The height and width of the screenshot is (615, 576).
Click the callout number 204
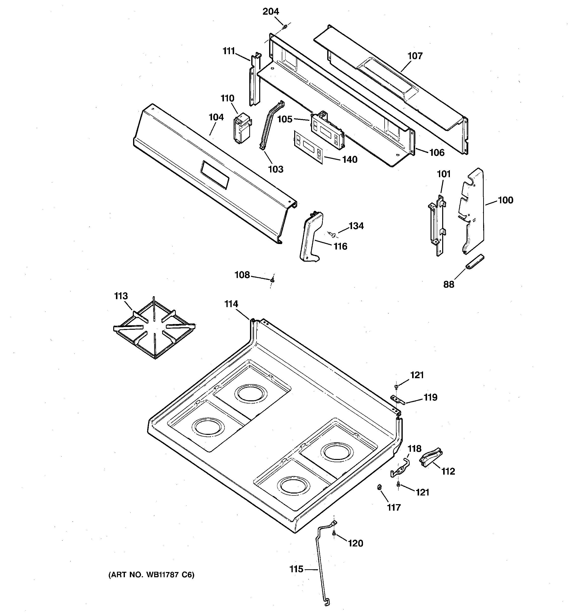[x=271, y=11]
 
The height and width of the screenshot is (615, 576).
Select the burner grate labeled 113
[x=154, y=328]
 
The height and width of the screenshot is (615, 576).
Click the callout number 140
[x=349, y=160]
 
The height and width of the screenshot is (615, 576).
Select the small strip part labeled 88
[x=474, y=263]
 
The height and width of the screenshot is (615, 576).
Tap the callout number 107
[x=415, y=56]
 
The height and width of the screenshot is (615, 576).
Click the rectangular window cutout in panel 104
[x=215, y=175]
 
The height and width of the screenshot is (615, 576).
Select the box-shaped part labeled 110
[x=241, y=128]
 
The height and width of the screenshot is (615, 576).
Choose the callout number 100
[x=505, y=200]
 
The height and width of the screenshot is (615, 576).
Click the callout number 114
[x=231, y=304]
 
